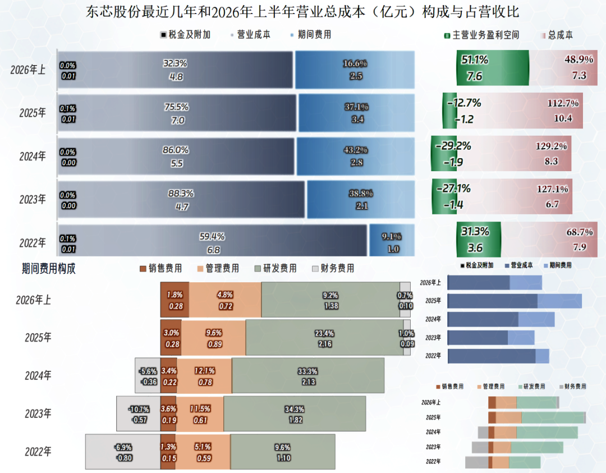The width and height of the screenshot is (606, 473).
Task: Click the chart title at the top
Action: pyautogui.click(x=302, y=12)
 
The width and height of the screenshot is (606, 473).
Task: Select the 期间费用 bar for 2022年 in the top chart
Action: pyautogui.click(x=392, y=240)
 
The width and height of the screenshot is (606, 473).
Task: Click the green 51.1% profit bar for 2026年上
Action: pyautogui.click(x=493, y=68)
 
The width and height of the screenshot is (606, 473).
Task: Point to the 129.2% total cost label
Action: pyautogui.click(x=551, y=146)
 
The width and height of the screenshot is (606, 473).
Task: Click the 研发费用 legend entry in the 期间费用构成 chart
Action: pyautogui.click(x=276, y=268)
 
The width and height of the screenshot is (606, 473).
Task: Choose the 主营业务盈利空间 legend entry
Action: pyautogui.click(x=481, y=35)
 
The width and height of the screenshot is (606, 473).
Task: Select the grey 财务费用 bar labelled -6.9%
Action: pyautogui.click(x=123, y=452)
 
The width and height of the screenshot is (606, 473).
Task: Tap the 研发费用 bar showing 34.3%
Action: pyautogui.click(x=295, y=414)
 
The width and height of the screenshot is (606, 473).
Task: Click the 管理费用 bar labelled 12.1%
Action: pyautogui.click(x=204, y=375)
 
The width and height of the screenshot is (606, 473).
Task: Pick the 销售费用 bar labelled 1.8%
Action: pyautogui.click(x=175, y=300)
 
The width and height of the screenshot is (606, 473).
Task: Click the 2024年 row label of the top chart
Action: pyautogui.click(x=33, y=156)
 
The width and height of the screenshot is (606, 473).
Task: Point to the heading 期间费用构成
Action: pyautogui.click(x=49, y=269)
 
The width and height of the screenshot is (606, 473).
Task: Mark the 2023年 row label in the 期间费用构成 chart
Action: pyautogui.click(x=38, y=414)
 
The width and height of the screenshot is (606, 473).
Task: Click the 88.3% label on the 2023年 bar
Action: pyautogui.click(x=181, y=193)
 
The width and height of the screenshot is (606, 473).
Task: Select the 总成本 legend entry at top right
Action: pyautogui.click(x=557, y=35)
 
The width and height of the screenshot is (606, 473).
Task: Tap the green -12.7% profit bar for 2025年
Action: pyautogui.click(x=450, y=111)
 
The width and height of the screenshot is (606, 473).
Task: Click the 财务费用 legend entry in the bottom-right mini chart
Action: pyautogui.click(x=573, y=387)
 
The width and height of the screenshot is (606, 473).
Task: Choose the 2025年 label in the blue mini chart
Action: pyautogui.click(x=433, y=301)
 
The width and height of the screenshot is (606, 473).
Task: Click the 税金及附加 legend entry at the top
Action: pyautogui.click(x=186, y=35)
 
